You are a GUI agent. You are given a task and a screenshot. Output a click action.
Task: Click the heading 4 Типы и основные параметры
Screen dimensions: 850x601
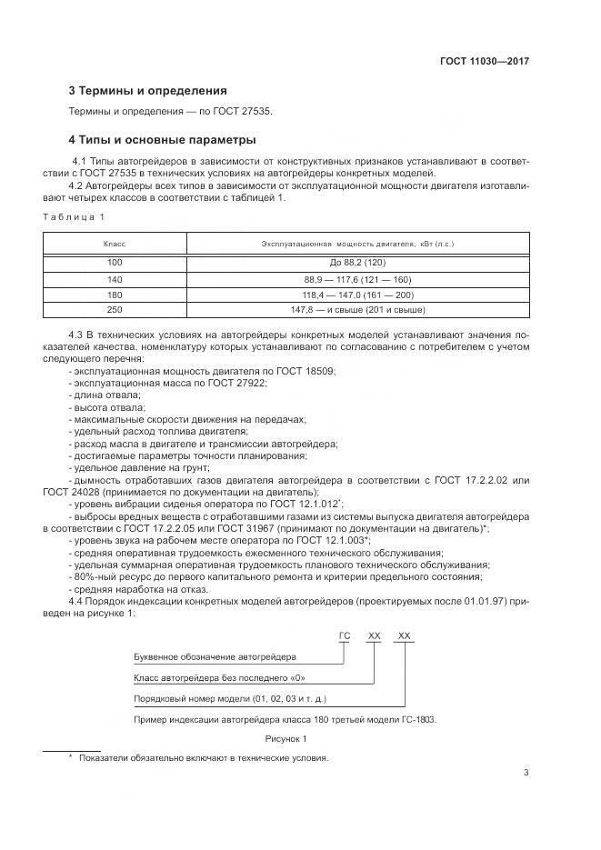tap(163, 140)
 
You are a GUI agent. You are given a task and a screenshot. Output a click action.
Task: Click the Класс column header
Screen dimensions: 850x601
tap(115, 244)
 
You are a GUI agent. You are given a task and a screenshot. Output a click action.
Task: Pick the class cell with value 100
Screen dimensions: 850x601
tap(115, 263)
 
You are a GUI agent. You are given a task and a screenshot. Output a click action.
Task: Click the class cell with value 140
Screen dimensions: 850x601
tap(115, 279)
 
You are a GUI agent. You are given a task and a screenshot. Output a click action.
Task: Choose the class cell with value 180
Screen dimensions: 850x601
tap(115, 295)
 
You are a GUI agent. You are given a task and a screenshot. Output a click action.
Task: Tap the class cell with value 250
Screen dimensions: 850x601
tap(115, 311)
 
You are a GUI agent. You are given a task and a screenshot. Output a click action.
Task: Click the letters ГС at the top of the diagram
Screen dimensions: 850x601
tap(344, 636)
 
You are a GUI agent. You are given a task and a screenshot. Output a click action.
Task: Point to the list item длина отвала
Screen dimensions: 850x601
tap(105, 395)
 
